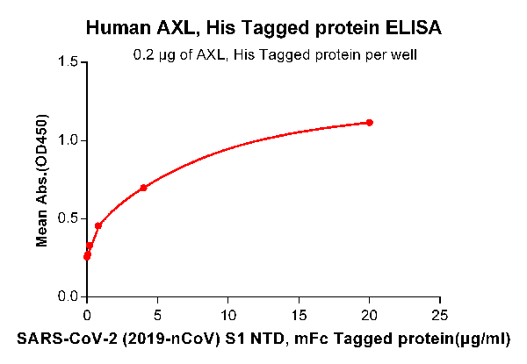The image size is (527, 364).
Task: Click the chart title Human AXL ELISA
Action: [x=263, y=28]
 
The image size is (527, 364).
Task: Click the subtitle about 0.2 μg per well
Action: [x=274, y=55]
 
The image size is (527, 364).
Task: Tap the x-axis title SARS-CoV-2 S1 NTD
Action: [x=263, y=337]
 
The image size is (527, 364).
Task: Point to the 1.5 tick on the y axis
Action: [x=66, y=62]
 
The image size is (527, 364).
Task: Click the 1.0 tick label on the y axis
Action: [x=66, y=140]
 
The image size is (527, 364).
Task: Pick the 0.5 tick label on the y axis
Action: [x=66, y=218]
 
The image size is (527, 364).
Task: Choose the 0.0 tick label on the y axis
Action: [x=66, y=296]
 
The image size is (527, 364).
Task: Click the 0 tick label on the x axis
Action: [x=86, y=314]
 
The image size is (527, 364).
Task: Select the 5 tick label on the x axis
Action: [x=157, y=314]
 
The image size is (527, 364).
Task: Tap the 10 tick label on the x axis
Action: [x=227, y=314]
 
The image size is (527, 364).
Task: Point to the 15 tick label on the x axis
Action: [x=299, y=314]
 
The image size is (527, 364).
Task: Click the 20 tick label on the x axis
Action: [x=370, y=314]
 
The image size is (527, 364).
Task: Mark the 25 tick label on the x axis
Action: [x=440, y=314]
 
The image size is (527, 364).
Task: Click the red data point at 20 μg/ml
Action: [x=370, y=123]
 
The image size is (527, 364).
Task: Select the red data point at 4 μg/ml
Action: [x=143, y=188]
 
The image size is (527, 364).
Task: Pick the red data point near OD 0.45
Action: [x=98, y=226]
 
